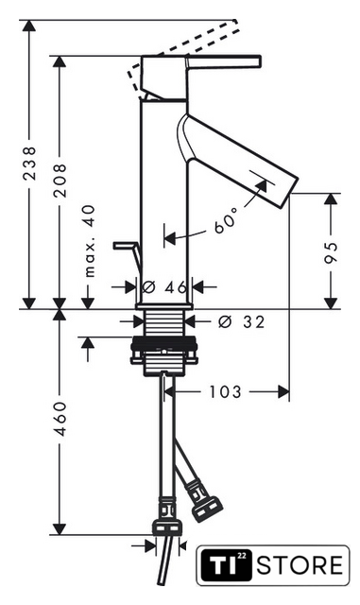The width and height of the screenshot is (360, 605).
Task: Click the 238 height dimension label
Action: click(29, 164)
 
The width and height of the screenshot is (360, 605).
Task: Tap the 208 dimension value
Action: click(60, 181)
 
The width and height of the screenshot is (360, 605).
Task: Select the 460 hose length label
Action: click(60, 420)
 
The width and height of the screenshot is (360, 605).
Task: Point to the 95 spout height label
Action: click(331, 252)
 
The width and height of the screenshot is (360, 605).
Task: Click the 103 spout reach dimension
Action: click(225, 392)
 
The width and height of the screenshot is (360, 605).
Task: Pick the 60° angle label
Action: click(226, 221)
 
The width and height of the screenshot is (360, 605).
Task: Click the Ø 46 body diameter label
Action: click(164, 286)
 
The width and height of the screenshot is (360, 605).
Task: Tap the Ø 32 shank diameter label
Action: click(242, 321)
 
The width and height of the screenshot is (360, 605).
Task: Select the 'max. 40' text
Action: click(89, 241)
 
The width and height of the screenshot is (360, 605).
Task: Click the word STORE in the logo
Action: click(300, 565)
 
